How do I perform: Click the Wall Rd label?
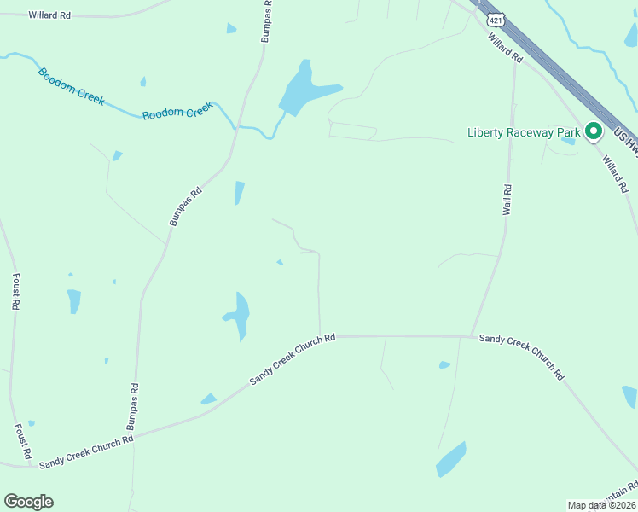(507, 199)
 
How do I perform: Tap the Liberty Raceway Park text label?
(524, 132)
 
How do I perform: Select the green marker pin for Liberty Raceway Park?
(594, 131)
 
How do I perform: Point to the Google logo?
(28, 502)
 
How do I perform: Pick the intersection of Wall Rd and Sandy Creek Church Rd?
(471, 336)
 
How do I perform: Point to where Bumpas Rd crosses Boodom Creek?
(235, 127)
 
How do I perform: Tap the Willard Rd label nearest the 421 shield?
(504, 47)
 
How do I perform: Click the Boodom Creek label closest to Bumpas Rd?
(177, 112)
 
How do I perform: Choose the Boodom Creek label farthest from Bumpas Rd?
(72, 86)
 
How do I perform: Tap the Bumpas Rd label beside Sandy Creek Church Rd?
(132, 405)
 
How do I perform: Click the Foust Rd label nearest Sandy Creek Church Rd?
(23, 440)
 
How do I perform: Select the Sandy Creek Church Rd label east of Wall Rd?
(522, 356)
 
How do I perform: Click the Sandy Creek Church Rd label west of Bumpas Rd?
(87, 449)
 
